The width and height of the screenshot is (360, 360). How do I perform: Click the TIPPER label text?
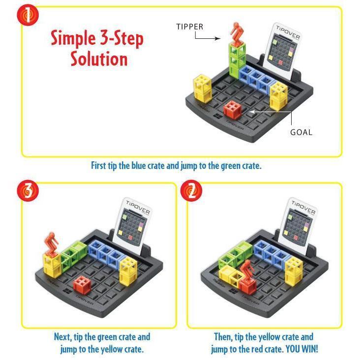point(190,27)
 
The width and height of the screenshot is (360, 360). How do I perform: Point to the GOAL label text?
point(301,132)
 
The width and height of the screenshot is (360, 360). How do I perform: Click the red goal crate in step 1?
point(232,109)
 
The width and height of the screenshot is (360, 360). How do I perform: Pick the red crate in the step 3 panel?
point(82,284)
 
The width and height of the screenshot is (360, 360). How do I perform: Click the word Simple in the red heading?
point(78,38)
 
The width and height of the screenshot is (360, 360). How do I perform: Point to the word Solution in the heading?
point(98,59)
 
